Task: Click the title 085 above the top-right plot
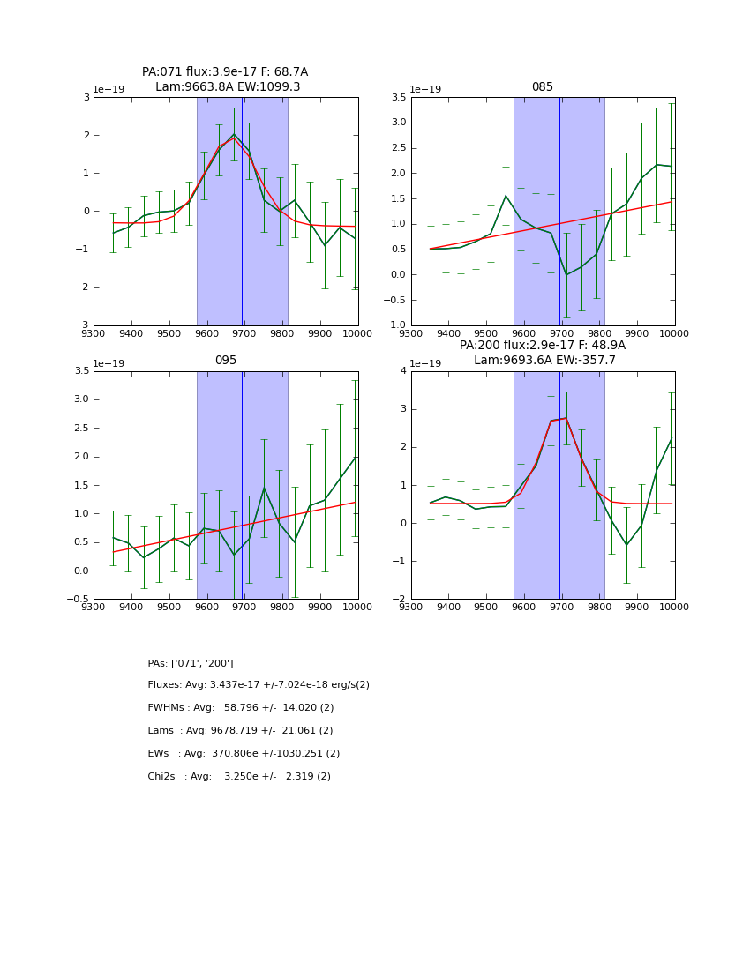point(542,87)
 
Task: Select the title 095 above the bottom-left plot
point(225,361)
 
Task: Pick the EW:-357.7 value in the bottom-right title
point(586,361)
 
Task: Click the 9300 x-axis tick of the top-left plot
point(94,334)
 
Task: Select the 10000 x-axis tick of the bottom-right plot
point(674,608)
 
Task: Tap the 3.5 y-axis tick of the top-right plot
point(395,98)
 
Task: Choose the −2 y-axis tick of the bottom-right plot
point(400,599)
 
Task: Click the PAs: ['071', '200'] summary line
point(191,663)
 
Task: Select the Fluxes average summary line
point(259,685)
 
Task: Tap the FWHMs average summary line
point(241,708)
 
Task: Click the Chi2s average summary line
point(239,777)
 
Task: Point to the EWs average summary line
point(244,754)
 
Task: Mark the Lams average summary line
point(240,731)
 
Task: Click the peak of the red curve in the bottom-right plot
point(566,418)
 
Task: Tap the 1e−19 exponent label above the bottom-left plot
point(109,363)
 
